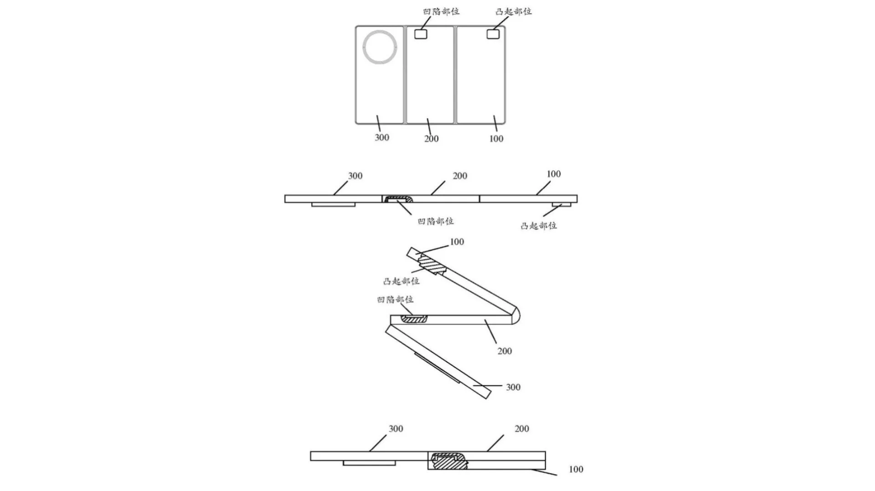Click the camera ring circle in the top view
point(380,48)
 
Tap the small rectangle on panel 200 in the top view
point(420,34)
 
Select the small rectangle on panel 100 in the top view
point(493,34)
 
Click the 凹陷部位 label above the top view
point(441,11)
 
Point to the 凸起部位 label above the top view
point(514,11)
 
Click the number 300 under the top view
point(382,137)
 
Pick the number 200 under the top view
point(431,139)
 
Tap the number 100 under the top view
point(496,139)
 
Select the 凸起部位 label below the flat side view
point(539,226)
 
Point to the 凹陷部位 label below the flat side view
point(436,221)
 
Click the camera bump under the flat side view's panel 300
point(333,205)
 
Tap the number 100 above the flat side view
point(553,174)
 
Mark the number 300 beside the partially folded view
point(513,387)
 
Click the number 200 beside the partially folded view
point(504,351)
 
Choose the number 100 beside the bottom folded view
point(576,469)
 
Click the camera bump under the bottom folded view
point(369,463)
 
